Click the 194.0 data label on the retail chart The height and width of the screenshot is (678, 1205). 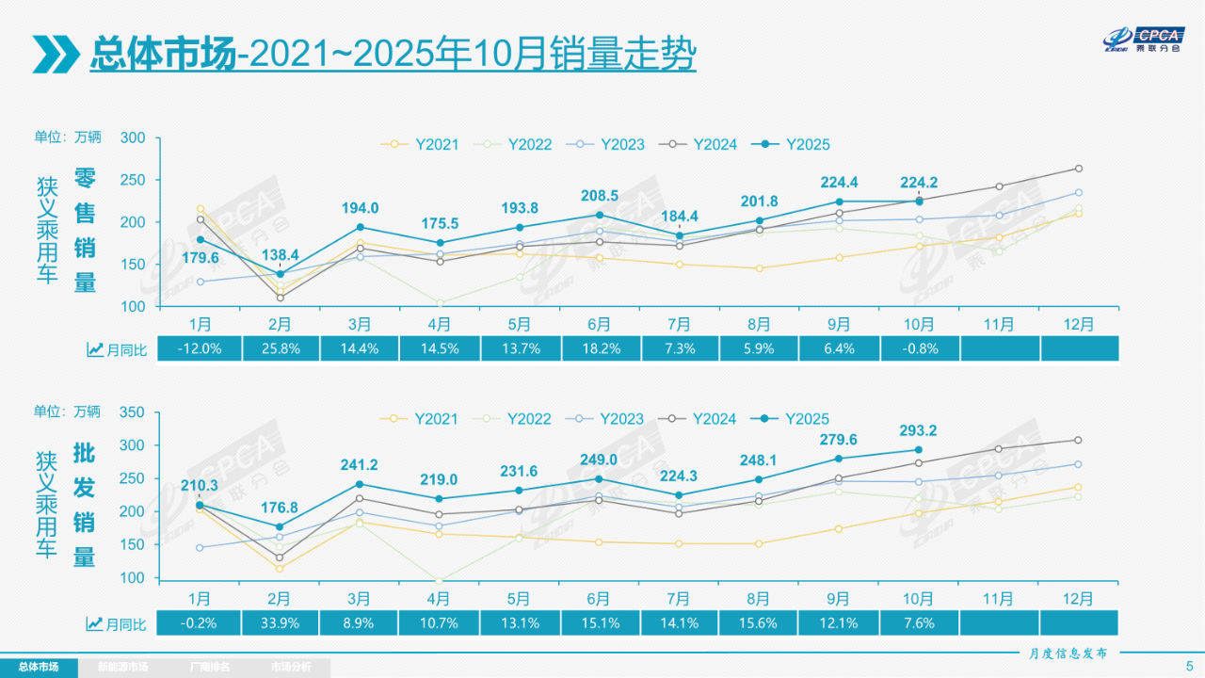[360, 208]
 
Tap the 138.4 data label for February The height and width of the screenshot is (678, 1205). [280, 255]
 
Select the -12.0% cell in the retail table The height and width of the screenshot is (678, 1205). [200, 349]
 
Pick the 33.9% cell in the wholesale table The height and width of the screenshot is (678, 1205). [280, 623]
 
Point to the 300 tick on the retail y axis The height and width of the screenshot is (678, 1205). [133, 138]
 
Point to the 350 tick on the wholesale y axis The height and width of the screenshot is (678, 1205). [133, 412]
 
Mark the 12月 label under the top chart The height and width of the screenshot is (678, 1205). [1079, 324]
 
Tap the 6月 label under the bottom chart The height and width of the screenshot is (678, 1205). [600, 599]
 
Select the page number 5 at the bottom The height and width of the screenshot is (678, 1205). [1189, 666]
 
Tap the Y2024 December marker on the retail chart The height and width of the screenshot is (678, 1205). [1079, 169]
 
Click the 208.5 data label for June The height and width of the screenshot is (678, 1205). [600, 196]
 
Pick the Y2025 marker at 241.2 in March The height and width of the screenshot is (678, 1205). [360, 484]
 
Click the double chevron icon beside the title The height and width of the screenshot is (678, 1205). [56, 55]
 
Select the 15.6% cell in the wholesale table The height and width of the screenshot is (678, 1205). [759, 623]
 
